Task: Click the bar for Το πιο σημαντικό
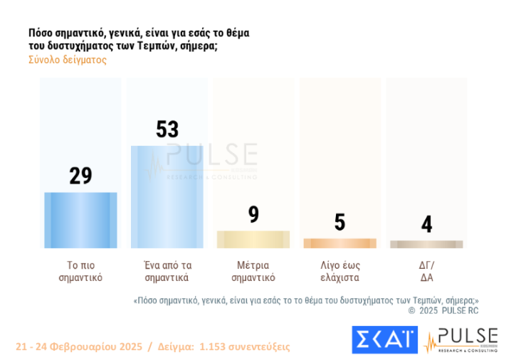pyautogui.click(x=80, y=220)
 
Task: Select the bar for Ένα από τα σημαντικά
pyautogui.click(x=167, y=196)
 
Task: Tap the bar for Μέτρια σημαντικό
pyautogui.click(x=253, y=239)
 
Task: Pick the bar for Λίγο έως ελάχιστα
pyautogui.click(x=339, y=243)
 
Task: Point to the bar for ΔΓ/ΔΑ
pyautogui.click(x=426, y=244)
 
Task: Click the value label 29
pyautogui.click(x=80, y=176)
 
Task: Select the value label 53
pyautogui.click(x=167, y=129)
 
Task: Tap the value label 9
pyautogui.click(x=253, y=215)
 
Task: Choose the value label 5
pyautogui.click(x=339, y=222)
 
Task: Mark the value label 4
pyautogui.click(x=426, y=224)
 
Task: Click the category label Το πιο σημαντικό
pyautogui.click(x=80, y=271)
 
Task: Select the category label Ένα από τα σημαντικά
pyautogui.click(x=167, y=271)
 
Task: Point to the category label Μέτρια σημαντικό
pyautogui.click(x=253, y=271)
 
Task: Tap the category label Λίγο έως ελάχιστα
pyautogui.click(x=339, y=271)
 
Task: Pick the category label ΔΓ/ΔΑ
pyautogui.click(x=426, y=271)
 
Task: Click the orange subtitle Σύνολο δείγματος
pyautogui.click(x=67, y=60)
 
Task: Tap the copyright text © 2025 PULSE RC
pyautogui.click(x=443, y=310)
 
